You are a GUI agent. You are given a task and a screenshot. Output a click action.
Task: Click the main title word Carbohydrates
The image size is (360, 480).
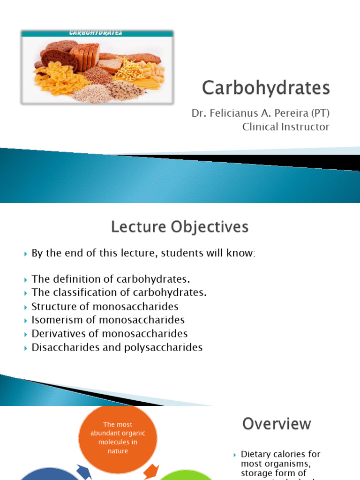266,88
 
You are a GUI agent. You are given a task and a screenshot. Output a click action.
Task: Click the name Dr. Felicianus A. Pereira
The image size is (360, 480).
251,114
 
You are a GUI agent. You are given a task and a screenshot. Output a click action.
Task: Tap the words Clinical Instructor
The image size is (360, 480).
285,127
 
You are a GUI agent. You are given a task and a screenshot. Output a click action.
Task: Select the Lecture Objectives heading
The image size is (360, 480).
180,227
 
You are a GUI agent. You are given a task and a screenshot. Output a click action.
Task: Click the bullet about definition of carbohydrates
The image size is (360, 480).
111,279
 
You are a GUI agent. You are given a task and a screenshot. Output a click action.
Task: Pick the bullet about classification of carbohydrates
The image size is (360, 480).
119,292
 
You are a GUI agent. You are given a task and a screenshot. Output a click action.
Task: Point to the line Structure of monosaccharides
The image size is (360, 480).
105,307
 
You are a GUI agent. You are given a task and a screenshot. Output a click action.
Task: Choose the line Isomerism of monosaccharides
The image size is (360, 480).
108,320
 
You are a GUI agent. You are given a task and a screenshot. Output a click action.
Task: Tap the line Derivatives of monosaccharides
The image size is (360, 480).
109,334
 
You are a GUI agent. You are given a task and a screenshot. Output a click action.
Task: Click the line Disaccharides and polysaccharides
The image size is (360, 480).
117,347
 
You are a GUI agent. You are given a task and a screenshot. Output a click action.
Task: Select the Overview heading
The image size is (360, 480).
277,424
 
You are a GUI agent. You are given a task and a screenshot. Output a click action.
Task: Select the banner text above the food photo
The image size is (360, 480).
96,33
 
